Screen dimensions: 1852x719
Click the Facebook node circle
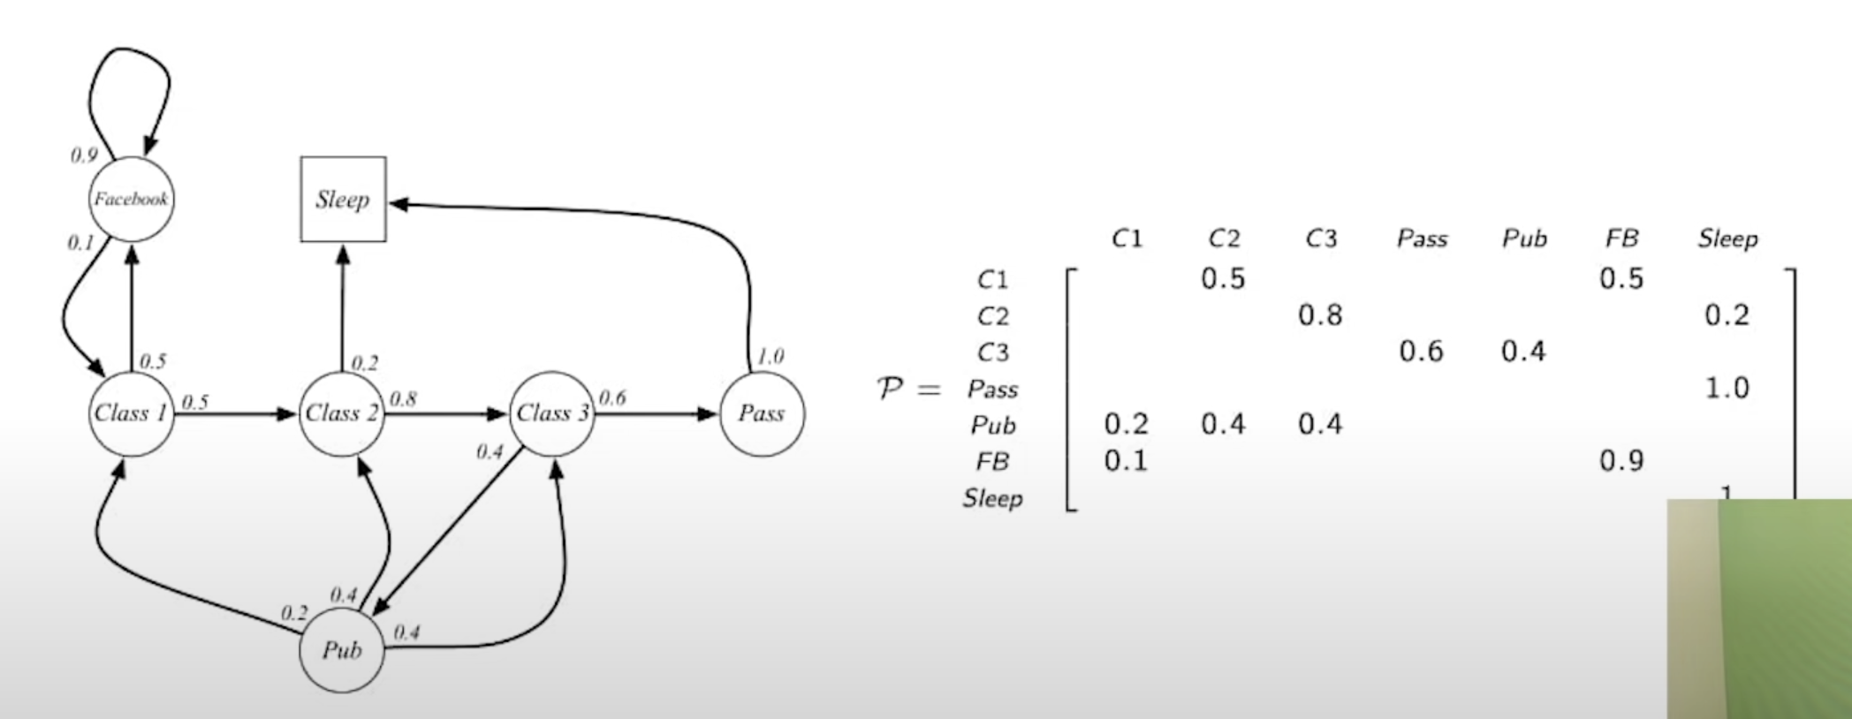coord(131,200)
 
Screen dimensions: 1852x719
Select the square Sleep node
coord(343,200)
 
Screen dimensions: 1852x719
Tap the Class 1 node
coord(131,413)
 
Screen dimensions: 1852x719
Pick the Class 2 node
coord(342,413)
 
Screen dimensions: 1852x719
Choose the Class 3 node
coord(553,413)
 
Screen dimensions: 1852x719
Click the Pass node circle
coord(762,413)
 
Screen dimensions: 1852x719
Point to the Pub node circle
coord(342,651)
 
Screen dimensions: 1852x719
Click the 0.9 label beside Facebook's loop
coord(84,155)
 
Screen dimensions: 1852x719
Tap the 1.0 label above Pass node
coord(770,356)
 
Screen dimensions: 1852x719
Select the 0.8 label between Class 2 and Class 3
coord(402,398)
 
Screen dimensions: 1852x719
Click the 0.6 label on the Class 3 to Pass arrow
coord(611,397)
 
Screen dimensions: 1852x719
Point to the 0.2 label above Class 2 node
coord(364,363)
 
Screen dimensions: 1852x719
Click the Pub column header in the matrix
coord(1524,238)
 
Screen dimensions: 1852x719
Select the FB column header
coord(1621,238)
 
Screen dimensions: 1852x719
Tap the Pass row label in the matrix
coord(992,389)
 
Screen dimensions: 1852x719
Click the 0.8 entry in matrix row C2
coord(1320,315)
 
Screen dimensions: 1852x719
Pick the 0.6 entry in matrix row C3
coord(1421,352)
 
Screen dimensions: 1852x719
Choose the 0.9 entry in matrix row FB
coord(1621,461)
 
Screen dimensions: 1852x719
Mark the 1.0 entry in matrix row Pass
coord(1727,388)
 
